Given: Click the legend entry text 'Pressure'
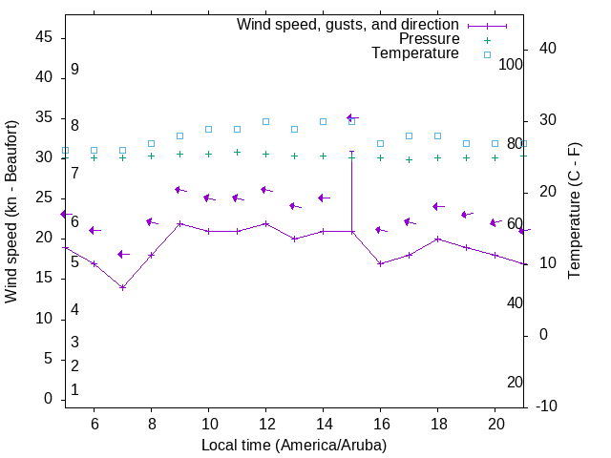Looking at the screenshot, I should (429, 39).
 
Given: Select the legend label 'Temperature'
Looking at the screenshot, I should (415, 53).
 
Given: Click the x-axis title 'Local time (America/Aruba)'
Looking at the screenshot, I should (294, 445).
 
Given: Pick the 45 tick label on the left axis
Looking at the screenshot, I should (44, 37).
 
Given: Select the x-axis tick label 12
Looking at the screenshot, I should (265, 423).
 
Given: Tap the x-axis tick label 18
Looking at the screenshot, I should (437, 423).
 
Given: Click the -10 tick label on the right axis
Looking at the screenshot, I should (548, 406).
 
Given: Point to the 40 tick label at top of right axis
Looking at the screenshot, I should (548, 49).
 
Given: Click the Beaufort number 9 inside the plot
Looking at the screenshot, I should (74, 70).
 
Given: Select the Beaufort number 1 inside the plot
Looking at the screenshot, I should (74, 389).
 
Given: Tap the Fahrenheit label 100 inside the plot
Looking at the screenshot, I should (511, 64).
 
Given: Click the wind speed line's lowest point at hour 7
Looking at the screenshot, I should (122, 287).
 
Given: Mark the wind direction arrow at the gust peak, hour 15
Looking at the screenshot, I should (351, 117).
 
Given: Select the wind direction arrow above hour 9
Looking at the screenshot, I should (179, 190).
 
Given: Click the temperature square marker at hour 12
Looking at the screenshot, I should (265, 122).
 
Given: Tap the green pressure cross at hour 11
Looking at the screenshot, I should (237, 152).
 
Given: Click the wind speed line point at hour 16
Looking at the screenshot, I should (380, 263).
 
